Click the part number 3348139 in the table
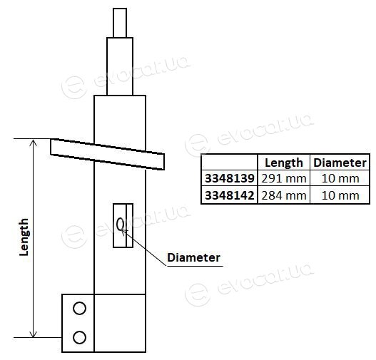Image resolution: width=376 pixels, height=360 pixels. point(230,178)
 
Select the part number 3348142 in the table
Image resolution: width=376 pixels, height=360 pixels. point(230,195)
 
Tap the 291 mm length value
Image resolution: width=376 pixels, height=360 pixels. point(284,178)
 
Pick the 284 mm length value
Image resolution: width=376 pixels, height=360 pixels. point(284,195)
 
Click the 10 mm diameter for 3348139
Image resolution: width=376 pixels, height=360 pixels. point(340,178)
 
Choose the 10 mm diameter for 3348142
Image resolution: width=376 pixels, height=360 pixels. point(340,195)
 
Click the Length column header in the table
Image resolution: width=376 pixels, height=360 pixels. point(284,163)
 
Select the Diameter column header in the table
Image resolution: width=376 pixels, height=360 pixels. point(340,163)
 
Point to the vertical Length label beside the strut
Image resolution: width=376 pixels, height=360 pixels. point(24,237)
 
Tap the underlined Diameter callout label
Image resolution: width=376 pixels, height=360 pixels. point(193,258)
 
